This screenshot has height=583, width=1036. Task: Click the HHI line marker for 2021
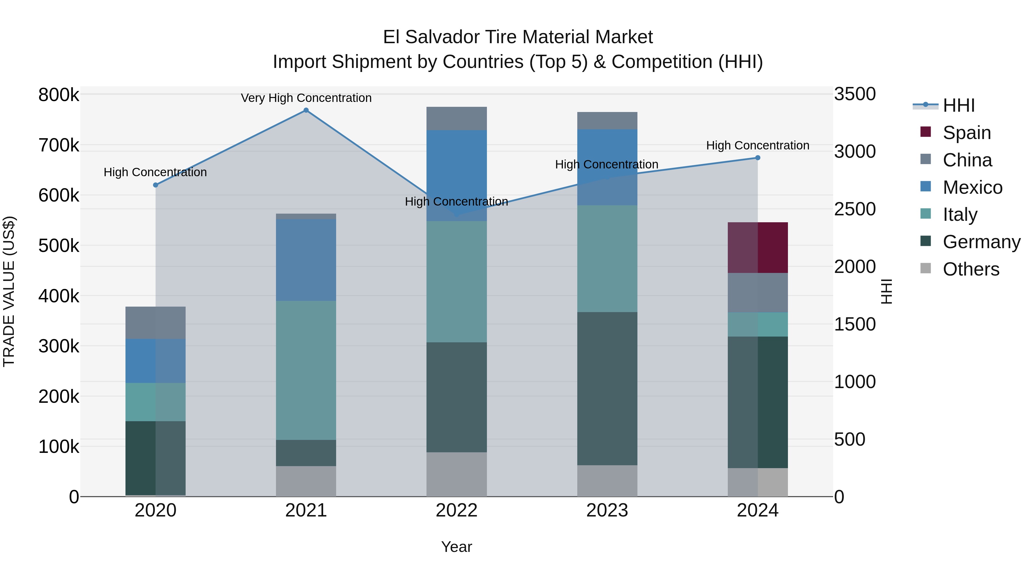point(306,110)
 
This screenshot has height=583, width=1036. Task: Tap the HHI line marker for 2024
point(758,158)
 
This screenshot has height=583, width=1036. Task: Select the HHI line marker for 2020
point(156,185)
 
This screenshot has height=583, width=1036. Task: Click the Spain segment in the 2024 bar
point(758,247)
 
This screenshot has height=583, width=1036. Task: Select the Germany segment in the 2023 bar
point(607,388)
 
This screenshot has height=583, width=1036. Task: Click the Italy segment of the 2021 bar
point(306,370)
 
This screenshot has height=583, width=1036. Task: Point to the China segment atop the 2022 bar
point(456,118)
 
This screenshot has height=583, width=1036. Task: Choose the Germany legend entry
point(981,242)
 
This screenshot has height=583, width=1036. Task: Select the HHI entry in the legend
point(958,105)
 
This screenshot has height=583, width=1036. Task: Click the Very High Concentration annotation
point(306,98)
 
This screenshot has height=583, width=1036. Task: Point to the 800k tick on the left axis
point(59,95)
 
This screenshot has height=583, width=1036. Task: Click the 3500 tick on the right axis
point(855,94)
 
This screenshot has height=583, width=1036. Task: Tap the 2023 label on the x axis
point(607,510)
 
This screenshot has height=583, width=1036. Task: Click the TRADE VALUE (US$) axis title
point(9,291)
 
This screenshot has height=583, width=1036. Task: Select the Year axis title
point(456,547)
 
